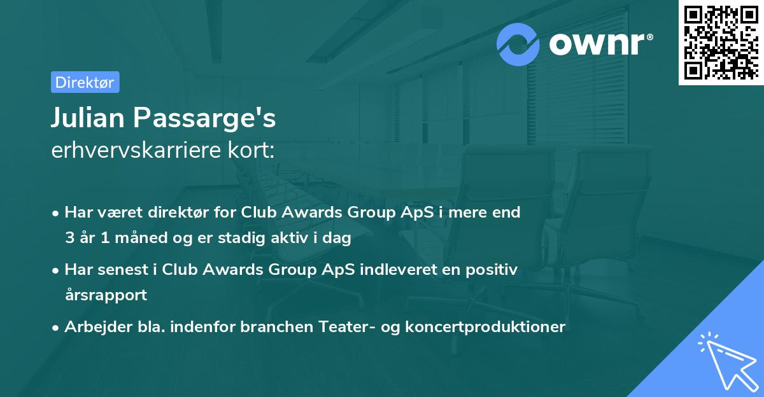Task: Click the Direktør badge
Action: pos(85,82)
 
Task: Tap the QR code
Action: pos(721,42)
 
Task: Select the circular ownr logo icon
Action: pos(518,44)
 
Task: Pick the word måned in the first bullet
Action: pos(143,239)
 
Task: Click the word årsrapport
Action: pos(106,295)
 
